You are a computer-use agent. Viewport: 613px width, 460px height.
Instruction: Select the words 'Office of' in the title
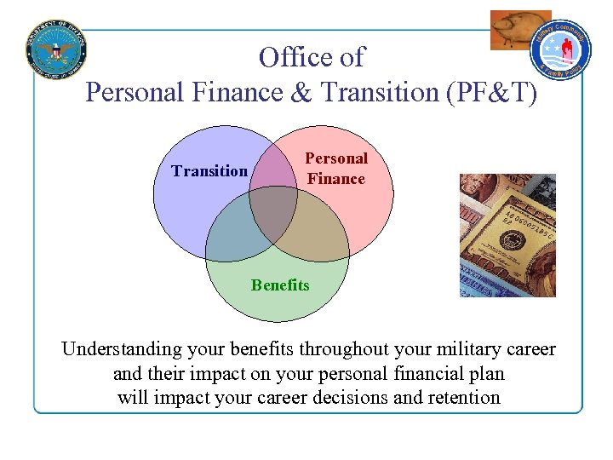(312, 58)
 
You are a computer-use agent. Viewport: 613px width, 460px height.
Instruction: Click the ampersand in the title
(301, 92)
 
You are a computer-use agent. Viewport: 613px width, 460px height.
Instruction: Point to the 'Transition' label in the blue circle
(209, 171)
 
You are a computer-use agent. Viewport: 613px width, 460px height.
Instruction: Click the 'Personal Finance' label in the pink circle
(336, 169)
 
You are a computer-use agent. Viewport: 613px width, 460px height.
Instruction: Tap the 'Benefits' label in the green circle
(280, 285)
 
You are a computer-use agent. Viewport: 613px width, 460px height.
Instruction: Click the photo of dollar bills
(507, 235)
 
